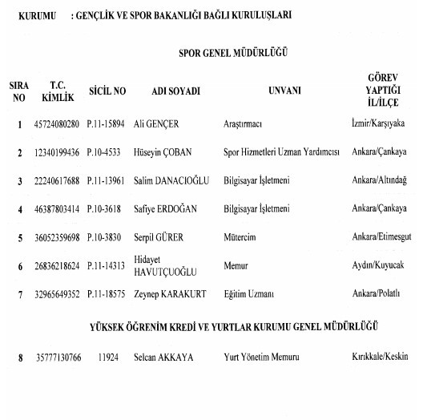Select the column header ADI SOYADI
(175, 91)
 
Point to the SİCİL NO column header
(106, 91)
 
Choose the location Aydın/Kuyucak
(377, 265)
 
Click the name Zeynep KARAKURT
(171, 294)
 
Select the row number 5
(19, 238)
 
